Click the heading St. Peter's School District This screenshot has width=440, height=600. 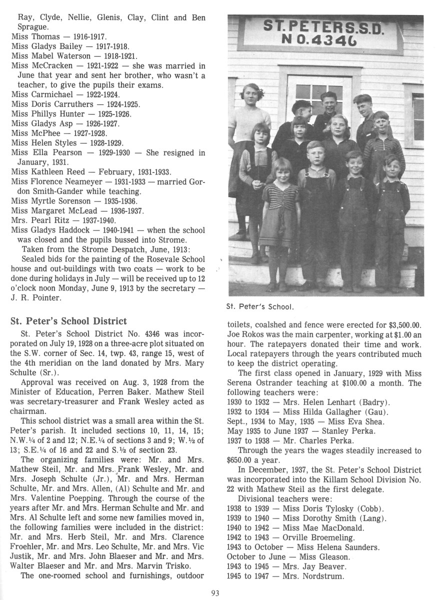pyautogui.click(x=68, y=321)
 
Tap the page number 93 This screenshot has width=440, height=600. pyautogui.click(x=215, y=593)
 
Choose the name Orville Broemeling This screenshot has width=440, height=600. pyautogui.click(x=310, y=537)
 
